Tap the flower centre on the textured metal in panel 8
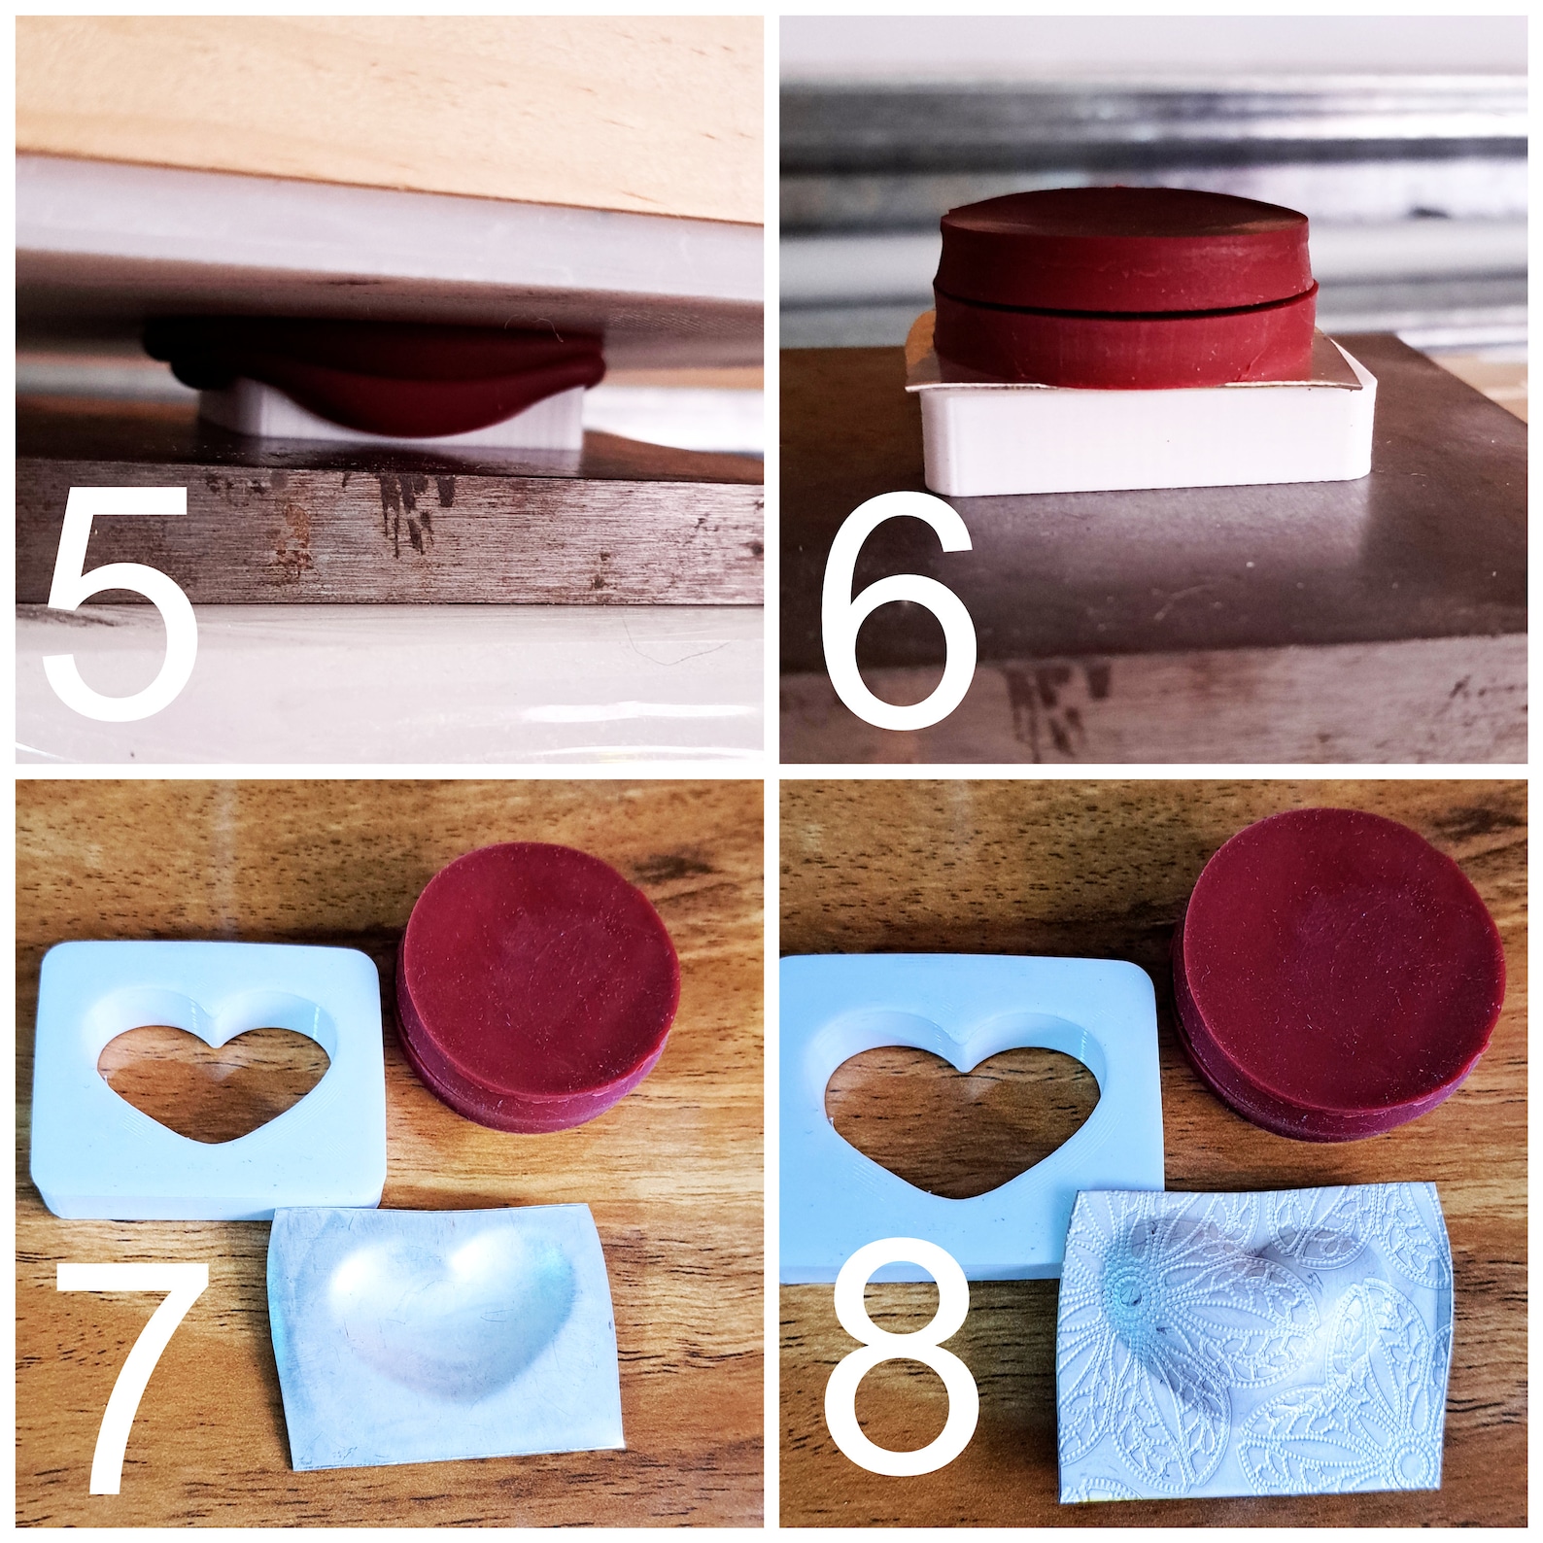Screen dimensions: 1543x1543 click(x=1126, y=1293)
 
